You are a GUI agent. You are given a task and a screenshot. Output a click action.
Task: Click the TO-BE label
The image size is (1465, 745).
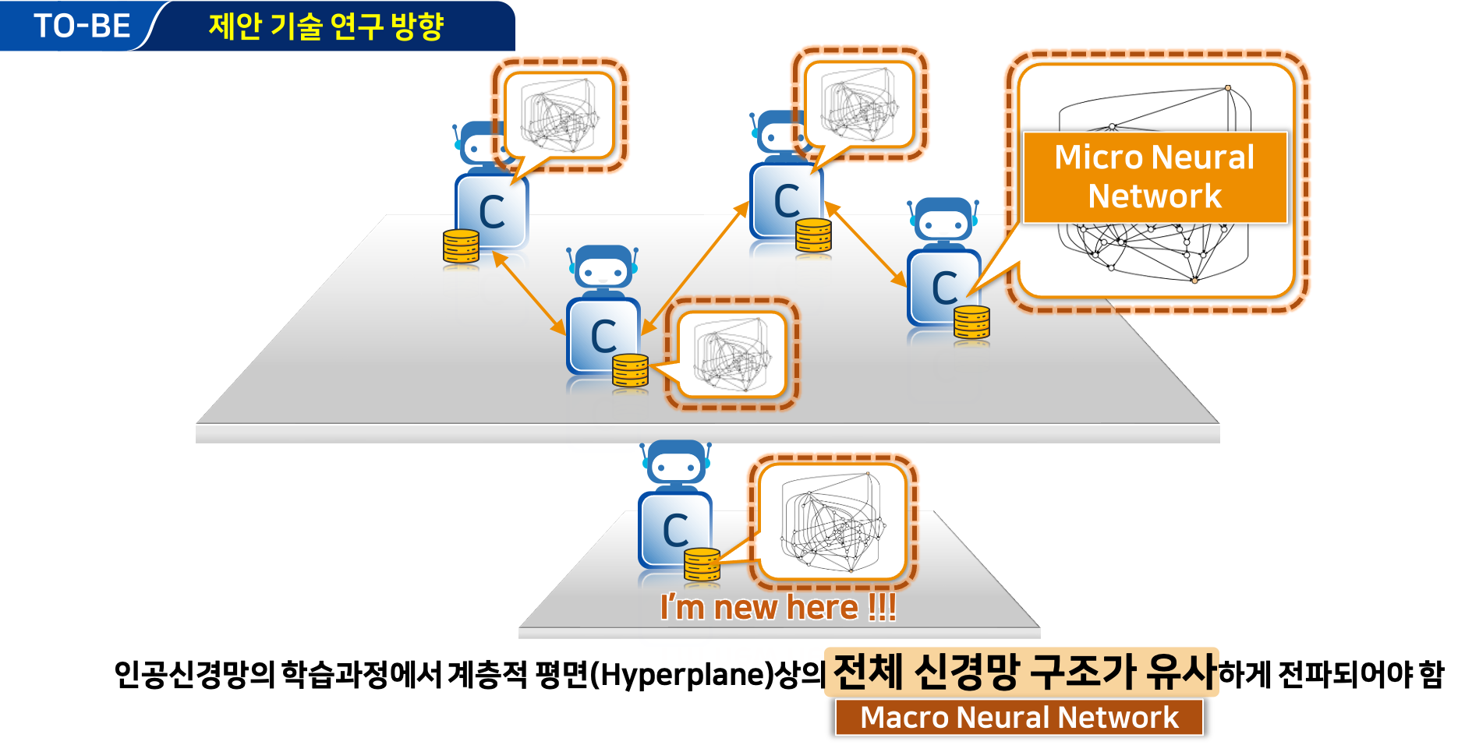(82, 26)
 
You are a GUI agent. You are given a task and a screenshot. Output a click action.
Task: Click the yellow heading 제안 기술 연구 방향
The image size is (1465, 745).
(326, 26)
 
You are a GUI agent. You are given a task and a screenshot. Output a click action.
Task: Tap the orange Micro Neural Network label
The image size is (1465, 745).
(1155, 177)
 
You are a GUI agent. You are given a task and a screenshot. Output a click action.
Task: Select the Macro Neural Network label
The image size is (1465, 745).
(1019, 717)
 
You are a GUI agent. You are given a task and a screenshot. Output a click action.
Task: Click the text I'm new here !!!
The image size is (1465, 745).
(778, 607)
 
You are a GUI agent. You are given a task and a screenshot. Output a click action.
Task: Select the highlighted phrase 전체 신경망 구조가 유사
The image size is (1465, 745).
(1024, 671)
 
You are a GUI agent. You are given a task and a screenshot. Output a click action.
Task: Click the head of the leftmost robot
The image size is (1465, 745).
(483, 145)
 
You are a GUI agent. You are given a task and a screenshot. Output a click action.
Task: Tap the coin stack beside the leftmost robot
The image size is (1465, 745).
(461, 246)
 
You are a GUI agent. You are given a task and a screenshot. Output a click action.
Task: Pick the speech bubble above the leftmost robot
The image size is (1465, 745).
(559, 116)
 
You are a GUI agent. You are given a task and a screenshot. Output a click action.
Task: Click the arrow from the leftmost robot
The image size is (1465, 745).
(529, 294)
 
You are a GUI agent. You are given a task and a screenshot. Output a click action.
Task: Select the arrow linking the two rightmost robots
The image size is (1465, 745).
(865, 244)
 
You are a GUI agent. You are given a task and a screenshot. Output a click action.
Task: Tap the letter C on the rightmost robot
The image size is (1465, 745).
(944, 288)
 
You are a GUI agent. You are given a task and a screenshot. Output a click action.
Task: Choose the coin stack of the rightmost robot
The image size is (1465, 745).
(971, 322)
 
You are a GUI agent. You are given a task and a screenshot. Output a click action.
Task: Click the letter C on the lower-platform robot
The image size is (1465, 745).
(675, 531)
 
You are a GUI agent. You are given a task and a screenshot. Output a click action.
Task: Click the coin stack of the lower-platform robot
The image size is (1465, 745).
(702, 564)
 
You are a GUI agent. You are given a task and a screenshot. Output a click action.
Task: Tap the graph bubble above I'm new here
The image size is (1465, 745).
(832, 522)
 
